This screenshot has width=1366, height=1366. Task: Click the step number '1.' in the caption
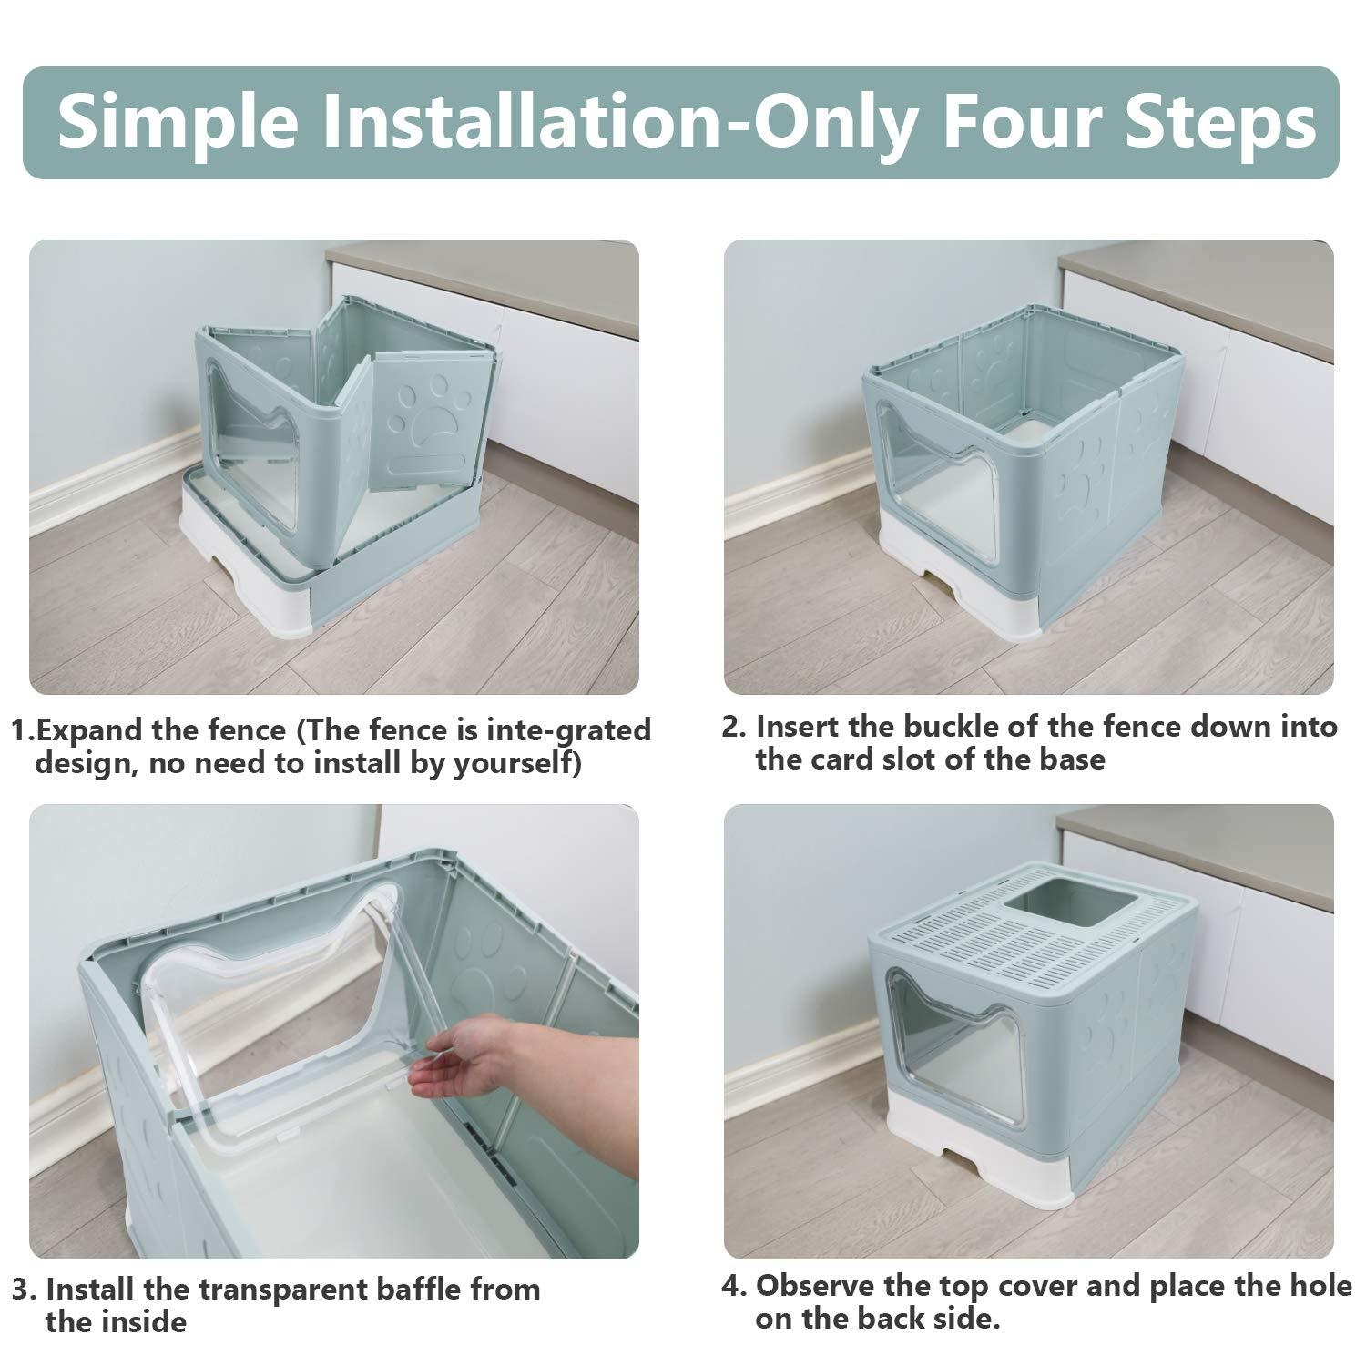pyautogui.click(x=24, y=730)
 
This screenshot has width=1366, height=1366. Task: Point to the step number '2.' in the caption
pyautogui.click(x=735, y=728)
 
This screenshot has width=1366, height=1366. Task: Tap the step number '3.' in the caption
pyautogui.click(x=25, y=1290)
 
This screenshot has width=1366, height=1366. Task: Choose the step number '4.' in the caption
pyautogui.click(x=735, y=1286)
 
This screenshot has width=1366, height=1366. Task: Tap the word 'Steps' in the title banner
pyautogui.click(x=1220, y=123)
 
